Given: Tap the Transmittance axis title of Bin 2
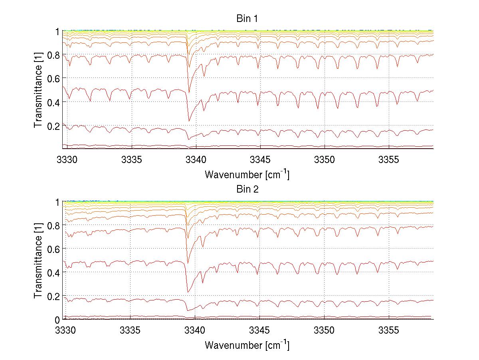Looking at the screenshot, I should pyautogui.click(x=38, y=261).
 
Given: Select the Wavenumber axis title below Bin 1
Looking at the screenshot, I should pyautogui.click(x=247, y=175).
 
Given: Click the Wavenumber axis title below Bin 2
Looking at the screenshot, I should pyautogui.click(x=247, y=345).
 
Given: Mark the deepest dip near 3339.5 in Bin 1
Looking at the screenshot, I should pyautogui.click(x=189, y=121).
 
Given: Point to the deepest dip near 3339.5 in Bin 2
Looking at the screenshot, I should pyautogui.click(x=188, y=292).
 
